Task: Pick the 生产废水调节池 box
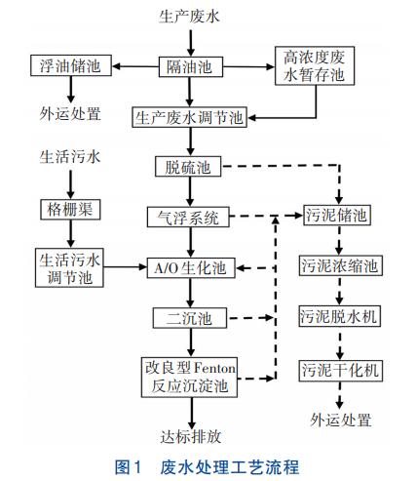(189, 117)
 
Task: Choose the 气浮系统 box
(188, 217)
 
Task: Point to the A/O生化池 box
(188, 266)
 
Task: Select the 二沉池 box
(188, 317)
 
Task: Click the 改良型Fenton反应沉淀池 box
(189, 377)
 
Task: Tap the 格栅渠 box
(70, 209)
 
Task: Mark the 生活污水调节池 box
(70, 266)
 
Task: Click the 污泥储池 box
(337, 217)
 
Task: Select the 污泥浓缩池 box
(337, 266)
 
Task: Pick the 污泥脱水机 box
(337, 316)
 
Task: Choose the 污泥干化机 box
(337, 370)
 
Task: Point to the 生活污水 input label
(70, 156)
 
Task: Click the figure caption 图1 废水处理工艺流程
(208, 465)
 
